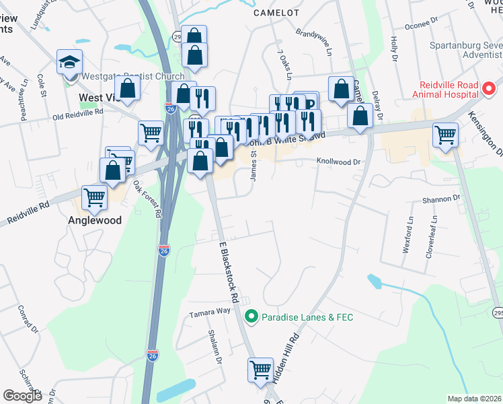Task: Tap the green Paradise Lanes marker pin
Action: pos(251,315)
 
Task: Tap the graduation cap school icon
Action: pos(69,63)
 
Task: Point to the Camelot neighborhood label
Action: pos(276,12)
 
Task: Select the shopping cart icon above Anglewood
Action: pos(94,197)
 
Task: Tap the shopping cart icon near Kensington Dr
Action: pos(446,135)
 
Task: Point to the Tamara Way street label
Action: pos(209,312)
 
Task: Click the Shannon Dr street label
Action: pos(440,198)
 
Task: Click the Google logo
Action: pos(22,395)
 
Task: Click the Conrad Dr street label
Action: pos(31,323)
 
